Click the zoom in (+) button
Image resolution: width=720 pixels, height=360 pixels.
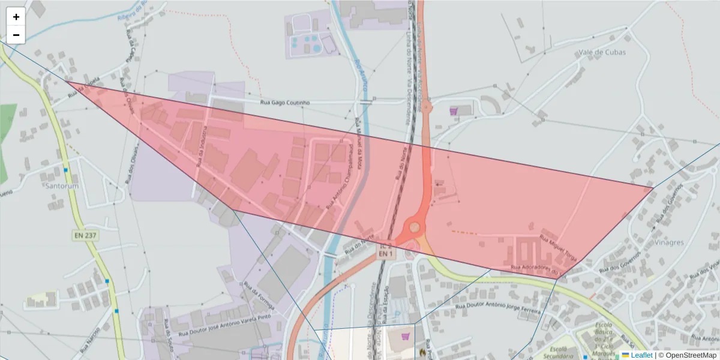[16, 17]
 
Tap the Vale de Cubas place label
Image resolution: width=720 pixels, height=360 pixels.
[602, 52]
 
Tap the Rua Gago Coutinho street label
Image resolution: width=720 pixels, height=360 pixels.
[285, 103]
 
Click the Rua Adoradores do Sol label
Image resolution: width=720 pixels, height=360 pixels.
[538, 268]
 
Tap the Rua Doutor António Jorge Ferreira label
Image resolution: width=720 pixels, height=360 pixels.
[499, 309]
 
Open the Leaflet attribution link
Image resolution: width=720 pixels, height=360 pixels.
[641, 355]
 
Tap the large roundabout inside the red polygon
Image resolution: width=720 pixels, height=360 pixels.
[414, 228]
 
